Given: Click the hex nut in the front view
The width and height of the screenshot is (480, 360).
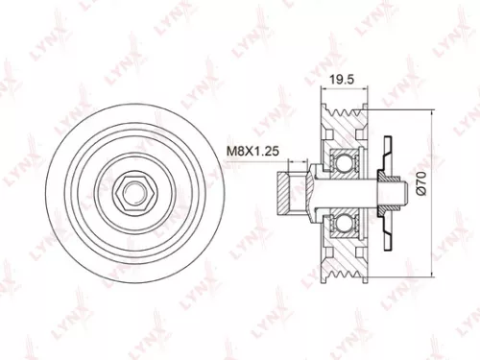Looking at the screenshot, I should pos(132,193).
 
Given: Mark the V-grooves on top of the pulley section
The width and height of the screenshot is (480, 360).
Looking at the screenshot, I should pos(342,116).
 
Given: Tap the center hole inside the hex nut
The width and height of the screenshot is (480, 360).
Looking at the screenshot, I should pos(132,193).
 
